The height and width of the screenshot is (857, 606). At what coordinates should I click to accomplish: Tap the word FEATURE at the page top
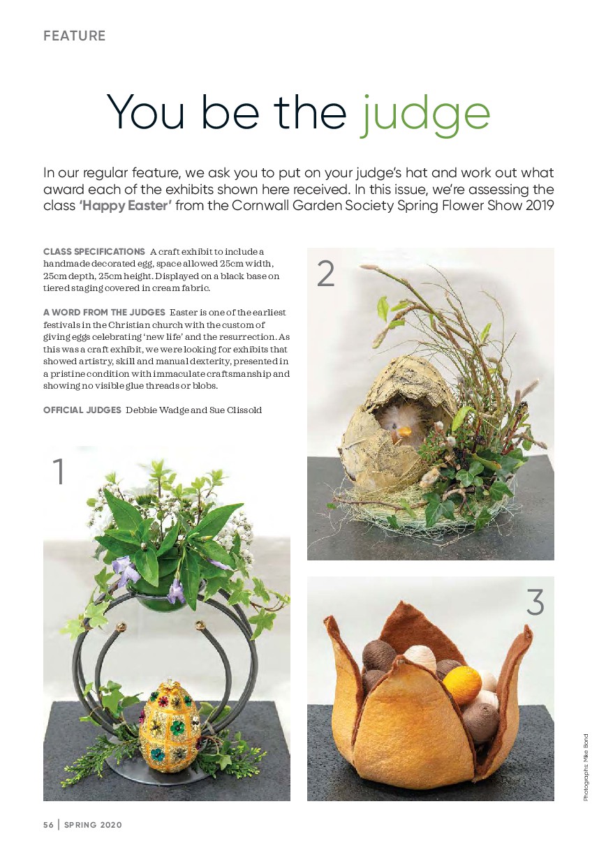tap(74, 36)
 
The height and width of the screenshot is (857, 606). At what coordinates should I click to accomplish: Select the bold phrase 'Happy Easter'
tap(125, 206)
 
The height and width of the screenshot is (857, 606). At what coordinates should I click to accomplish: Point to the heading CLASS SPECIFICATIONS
tap(94, 252)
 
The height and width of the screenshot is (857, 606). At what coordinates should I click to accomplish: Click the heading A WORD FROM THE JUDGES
tap(104, 312)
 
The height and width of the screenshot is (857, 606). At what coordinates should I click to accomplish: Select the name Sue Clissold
tap(235, 410)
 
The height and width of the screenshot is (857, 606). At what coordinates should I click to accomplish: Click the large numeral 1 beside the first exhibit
tap(58, 471)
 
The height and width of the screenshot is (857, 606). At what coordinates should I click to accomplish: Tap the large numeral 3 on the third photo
tap(535, 602)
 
